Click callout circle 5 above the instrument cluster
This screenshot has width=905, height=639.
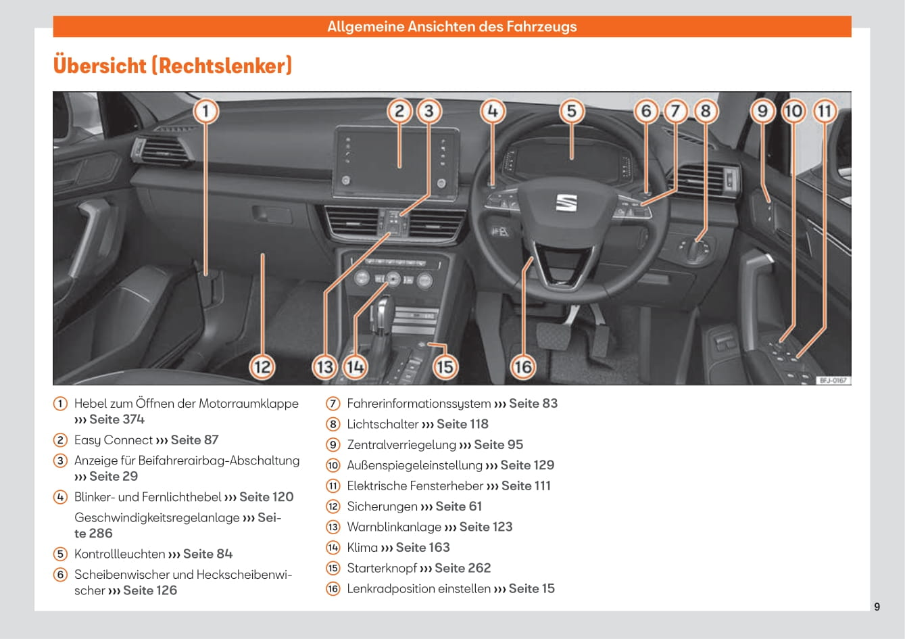tap(571, 111)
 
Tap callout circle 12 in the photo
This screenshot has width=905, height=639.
tap(262, 367)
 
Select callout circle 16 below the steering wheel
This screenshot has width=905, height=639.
tap(522, 367)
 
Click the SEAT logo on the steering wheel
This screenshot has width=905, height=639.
tap(566, 202)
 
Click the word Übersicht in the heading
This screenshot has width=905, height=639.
tap(99, 66)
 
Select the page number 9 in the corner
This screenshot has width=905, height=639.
tap(877, 607)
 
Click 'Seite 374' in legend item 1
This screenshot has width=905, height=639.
tap(116, 419)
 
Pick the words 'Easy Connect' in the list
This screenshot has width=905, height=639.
tap(114, 440)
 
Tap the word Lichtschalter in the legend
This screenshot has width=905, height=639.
tap(383, 424)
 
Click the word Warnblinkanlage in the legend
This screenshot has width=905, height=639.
tap(394, 527)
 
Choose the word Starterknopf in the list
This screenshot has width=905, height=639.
tap(382, 568)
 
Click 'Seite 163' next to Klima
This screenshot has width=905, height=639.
tap(422, 548)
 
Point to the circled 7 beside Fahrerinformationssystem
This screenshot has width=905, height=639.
tap(333, 404)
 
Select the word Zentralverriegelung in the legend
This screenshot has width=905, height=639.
tap(401, 445)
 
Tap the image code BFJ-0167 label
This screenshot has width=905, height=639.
tap(833, 380)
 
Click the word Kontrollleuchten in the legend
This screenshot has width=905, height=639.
tap(120, 554)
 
